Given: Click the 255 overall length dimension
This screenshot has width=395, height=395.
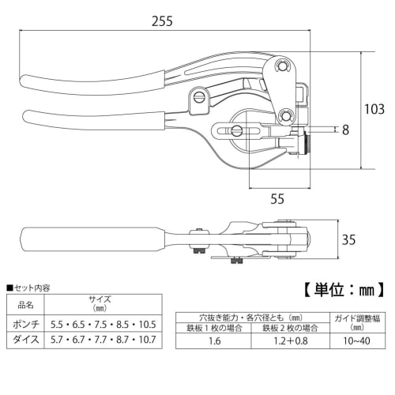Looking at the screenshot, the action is pos(162,21).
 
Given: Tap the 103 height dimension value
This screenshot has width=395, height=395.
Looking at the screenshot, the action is pos(374,109).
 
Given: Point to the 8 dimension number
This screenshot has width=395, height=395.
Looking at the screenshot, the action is pos(345,130).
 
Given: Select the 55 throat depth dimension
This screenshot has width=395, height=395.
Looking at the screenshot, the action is pos(277,199).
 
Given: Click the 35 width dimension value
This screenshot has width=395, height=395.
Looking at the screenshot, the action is pos(348,239).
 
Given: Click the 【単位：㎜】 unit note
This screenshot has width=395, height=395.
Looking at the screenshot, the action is pos(344,290).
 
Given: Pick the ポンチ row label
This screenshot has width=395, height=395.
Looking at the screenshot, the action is pos(26,324).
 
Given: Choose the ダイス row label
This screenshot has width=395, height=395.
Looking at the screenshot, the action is pos(26,340).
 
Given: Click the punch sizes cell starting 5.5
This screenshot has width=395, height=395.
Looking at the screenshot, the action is pos(103,325).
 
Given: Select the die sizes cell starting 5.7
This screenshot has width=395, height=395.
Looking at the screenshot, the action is pos(103,340).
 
